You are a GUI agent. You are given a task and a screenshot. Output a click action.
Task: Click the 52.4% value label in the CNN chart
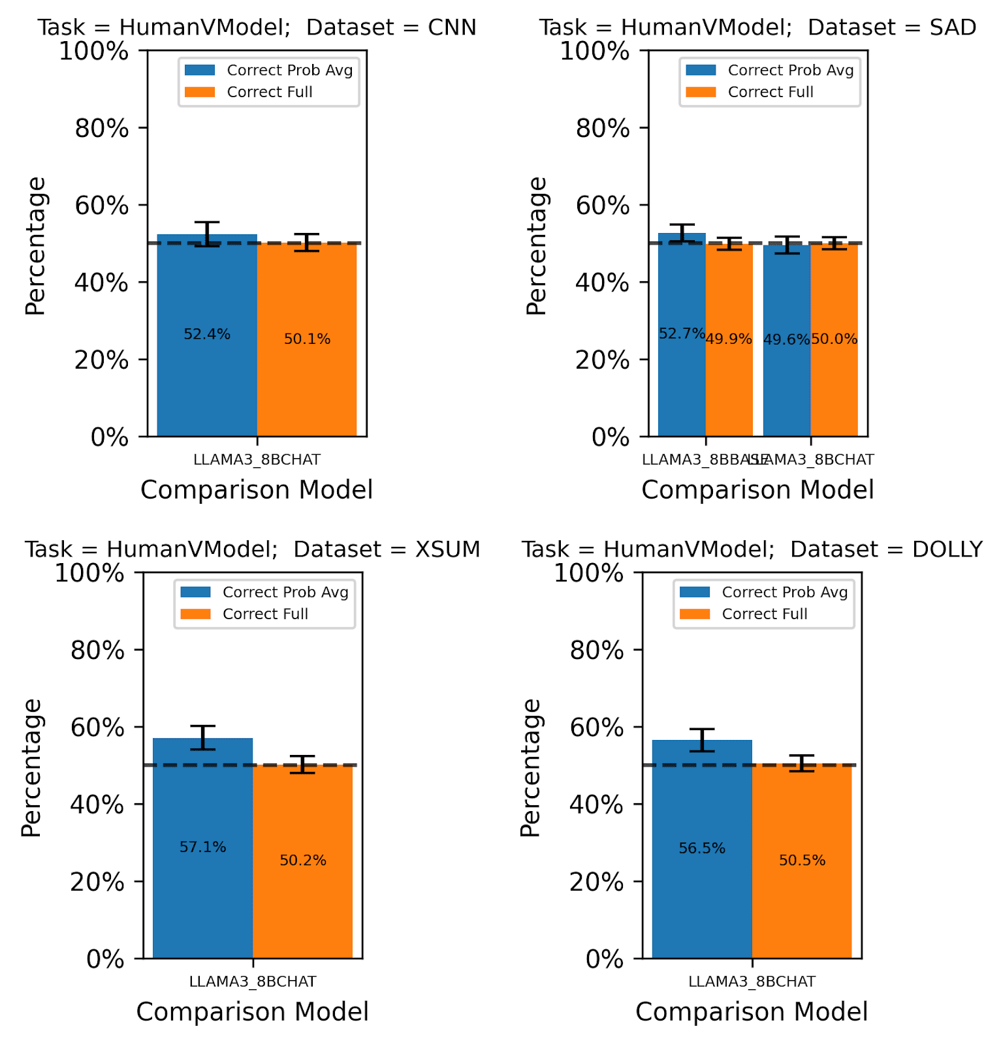point(207,335)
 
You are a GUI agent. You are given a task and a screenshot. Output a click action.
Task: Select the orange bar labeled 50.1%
point(307,378)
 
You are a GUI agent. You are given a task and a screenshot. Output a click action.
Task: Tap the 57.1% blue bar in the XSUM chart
point(202,900)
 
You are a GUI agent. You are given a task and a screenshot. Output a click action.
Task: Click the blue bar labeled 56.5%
point(702,900)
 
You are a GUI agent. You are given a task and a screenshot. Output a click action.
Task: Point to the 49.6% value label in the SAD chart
point(786,339)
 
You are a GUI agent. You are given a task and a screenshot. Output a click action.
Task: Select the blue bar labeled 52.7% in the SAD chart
point(682,385)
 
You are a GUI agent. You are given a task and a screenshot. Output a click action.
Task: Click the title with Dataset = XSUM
point(253,549)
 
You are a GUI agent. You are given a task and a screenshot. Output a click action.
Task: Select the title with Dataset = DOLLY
point(752,549)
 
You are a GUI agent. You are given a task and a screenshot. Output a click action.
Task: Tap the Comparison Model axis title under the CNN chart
point(257,490)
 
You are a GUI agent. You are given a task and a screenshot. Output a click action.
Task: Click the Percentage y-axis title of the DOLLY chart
point(530,767)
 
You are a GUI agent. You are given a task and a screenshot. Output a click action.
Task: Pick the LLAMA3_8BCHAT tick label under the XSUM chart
point(253,981)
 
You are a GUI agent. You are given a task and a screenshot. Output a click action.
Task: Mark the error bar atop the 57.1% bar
point(202,737)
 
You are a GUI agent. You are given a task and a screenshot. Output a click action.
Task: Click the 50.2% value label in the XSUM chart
point(303,861)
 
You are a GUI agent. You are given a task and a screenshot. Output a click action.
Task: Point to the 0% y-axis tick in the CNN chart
point(110,437)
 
